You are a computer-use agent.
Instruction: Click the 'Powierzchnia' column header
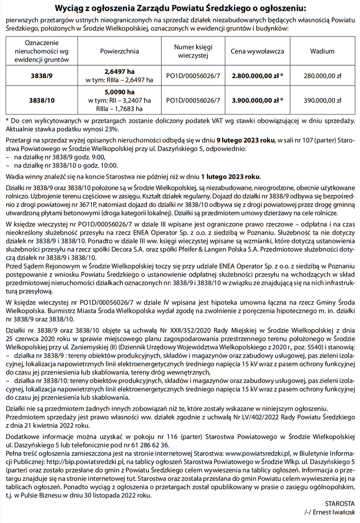[x=119, y=51]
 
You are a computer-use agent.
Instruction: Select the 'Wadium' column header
[x=322, y=51]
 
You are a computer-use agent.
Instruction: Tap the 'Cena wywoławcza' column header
[x=257, y=51]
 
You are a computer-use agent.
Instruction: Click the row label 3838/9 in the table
[x=42, y=76]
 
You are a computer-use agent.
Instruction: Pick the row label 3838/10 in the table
[x=42, y=100]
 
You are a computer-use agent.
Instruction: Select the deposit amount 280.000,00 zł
[x=322, y=76]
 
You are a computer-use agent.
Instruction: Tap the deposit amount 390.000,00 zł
[x=322, y=100]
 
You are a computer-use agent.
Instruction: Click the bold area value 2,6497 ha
[x=119, y=72]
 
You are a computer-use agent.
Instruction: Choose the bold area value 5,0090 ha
[x=119, y=92]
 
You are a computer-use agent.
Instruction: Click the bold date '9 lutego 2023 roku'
[x=245, y=141]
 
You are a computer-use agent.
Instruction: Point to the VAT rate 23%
[x=111, y=129]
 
